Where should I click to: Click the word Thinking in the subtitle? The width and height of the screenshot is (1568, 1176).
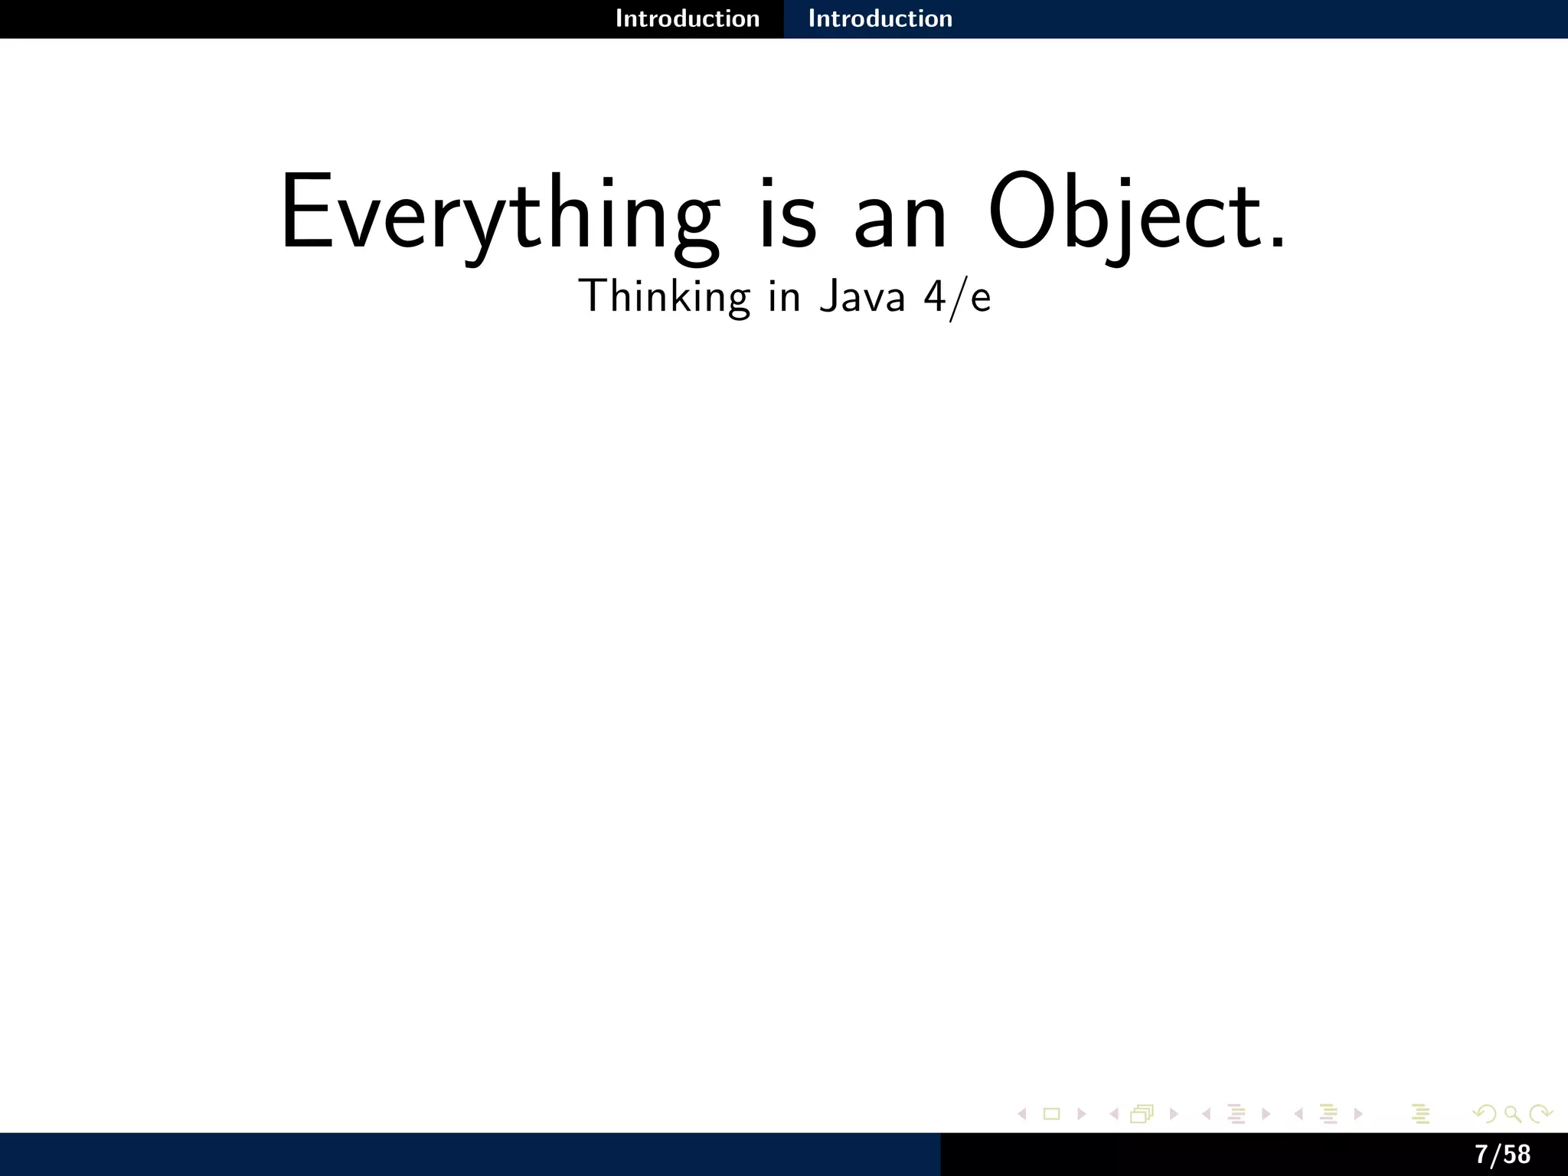click(x=664, y=296)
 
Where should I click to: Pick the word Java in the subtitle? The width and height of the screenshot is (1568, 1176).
click(x=862, y=296)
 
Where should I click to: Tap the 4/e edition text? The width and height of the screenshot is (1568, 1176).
click(x=957, y=297)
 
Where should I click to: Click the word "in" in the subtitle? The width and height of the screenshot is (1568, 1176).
click(x=784, y=296)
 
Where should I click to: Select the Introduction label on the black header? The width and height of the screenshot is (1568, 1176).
click(x=688, y=18)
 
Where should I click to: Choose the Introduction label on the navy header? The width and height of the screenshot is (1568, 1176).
click(x=880, y=18)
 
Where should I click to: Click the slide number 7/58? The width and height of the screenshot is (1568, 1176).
click(x=1503, y=1154)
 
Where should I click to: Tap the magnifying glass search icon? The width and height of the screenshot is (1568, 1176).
click(x=1513, y=1114)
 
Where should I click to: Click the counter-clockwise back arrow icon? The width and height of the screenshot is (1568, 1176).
click(x=1485, y=1114)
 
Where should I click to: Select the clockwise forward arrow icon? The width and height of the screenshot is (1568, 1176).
click(x=1540, y=1114)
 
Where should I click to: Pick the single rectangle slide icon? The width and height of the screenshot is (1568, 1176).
click(x=1052, y=1114)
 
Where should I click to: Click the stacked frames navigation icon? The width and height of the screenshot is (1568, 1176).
click(x=1142, y=1114)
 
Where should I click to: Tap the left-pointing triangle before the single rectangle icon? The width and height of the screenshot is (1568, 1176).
click(x=1021, y=1114)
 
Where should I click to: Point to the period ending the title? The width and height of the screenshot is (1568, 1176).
click(x=1276, y=243)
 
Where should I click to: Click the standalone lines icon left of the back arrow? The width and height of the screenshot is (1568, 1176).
click(x=1421, y=1114)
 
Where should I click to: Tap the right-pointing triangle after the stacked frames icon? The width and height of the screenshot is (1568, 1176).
click(x=1174, y=1114)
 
